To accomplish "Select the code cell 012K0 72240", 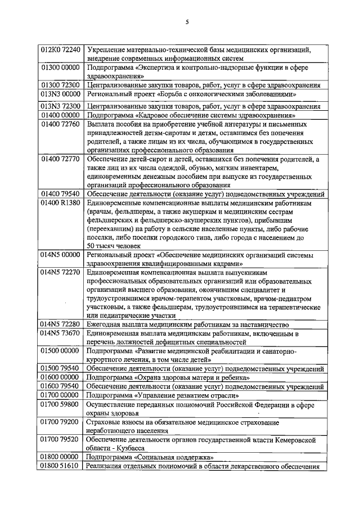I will (x=61, y=49).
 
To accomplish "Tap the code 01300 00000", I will (x=61, y=67).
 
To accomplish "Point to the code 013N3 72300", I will (x=61, y=105).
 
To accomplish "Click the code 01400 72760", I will (x=61, y=124).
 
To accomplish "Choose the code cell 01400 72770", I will (x=61, y=159).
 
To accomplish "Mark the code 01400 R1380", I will (x=61, y=202).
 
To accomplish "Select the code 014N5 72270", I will (x=61, y=272).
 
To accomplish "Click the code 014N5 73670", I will (x=61, y=333).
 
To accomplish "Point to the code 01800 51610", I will (x=61, y=466).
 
